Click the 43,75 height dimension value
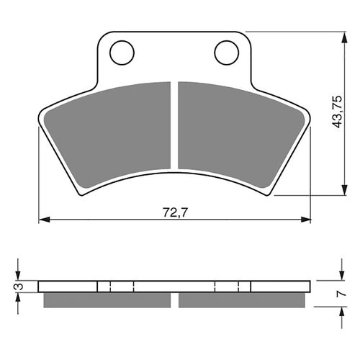click(335, 112)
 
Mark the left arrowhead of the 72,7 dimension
click(42, 218)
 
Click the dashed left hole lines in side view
click(122, 286)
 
